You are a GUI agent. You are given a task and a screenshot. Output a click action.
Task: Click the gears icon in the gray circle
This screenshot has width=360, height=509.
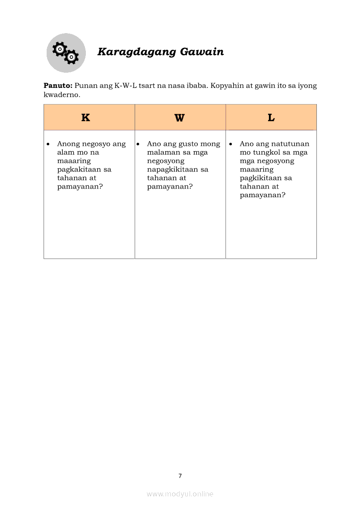[66, 53]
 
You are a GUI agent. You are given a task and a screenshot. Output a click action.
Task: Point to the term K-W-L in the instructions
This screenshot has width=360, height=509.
[126, 86]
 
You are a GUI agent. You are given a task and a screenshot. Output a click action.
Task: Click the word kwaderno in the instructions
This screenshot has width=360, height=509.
[62, 94]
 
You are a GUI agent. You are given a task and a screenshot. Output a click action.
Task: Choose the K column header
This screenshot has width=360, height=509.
[85, 118]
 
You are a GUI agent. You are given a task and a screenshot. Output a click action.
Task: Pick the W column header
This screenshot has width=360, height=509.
[180, 118]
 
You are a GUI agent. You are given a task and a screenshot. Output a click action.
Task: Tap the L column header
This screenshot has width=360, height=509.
[271, 118]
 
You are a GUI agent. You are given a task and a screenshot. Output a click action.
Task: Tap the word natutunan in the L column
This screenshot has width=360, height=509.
[290, 144]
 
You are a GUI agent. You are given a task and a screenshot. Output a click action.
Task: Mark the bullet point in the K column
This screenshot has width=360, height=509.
[48, 144]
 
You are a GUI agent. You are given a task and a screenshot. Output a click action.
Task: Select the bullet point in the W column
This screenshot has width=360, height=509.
[138, 144]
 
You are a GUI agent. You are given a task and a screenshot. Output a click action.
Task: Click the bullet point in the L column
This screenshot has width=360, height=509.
[231, 144]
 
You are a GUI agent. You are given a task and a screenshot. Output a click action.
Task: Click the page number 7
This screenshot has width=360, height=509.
[180, 476]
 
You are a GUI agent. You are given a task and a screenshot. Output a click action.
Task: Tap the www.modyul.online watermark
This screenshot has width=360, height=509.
[180, 494]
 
